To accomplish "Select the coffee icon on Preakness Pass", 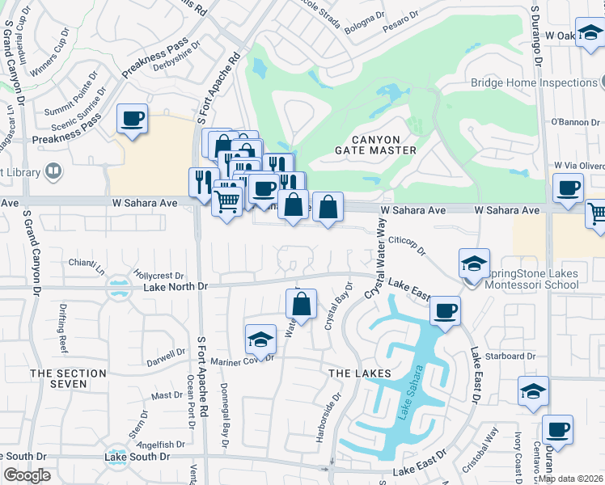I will click(132, 120).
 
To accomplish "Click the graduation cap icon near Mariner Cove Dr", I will click(260, 339).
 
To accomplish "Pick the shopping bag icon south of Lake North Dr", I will click(301, 305).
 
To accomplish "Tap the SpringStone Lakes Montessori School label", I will click(531, 279).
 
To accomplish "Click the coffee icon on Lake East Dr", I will click(444, 310).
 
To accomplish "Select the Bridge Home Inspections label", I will click(534, 82).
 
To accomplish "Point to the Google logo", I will click(27, 475).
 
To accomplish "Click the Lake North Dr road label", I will click(176, 287).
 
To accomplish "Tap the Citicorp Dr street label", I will click(407, 246).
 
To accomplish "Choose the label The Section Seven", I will click(69, 378).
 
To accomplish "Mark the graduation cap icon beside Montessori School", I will click(474, 263).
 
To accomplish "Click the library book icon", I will click(53, 171).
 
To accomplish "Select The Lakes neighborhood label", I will click(359, 373).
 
